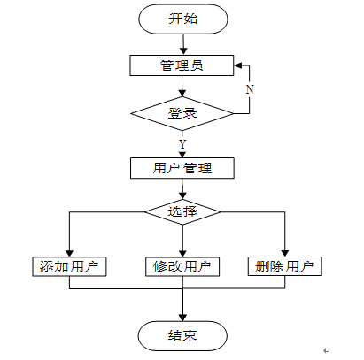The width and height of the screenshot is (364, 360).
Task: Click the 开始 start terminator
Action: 183,19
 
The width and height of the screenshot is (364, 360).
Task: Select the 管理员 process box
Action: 182,65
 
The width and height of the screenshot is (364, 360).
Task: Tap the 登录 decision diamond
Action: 182,113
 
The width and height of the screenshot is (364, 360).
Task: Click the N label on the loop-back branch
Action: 250,89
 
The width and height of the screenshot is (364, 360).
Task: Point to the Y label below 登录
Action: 182,144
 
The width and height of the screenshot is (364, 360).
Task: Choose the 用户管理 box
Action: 182,168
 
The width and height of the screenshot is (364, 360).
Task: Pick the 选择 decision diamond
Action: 182,211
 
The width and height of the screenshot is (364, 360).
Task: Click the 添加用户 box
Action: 69,266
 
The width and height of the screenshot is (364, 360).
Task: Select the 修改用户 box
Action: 182,266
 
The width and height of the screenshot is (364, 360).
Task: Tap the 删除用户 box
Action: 285,266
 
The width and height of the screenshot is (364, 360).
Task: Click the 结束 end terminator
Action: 182,336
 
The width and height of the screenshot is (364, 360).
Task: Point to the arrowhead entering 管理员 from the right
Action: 238,65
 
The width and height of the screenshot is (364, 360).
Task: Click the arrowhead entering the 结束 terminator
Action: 182,318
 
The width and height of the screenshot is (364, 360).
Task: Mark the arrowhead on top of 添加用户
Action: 69,254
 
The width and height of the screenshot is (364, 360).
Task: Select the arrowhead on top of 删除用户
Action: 285,253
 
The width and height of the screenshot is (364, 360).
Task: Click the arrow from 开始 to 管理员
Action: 183,44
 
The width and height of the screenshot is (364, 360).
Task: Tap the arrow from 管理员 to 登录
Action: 182,87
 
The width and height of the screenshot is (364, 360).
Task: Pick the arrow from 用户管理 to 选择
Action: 182,189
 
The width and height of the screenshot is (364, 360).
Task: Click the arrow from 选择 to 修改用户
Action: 182,241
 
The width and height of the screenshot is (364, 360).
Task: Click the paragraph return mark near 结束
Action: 326,350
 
